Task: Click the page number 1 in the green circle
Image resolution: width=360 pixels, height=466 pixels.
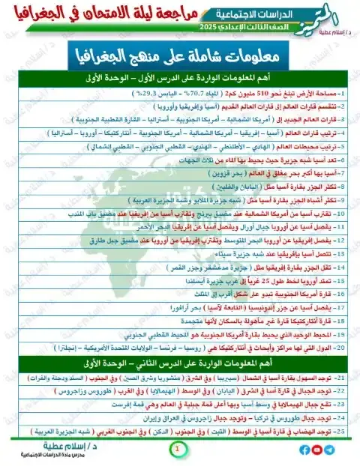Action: point(177,449)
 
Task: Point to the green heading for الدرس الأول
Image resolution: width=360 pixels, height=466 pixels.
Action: point(180,77)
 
